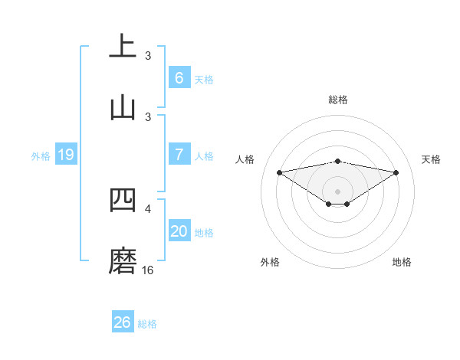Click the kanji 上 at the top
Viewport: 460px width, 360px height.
(123, 45)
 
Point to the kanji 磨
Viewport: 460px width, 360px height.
(123, 260)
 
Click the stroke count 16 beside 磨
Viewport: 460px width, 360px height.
(148, 270)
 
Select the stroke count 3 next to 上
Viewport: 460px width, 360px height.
(148, 55)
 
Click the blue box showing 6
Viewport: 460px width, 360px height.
(179, 78)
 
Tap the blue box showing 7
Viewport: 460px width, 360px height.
(179, 155)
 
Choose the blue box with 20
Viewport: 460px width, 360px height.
(179, 231)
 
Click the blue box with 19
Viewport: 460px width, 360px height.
(65, 155)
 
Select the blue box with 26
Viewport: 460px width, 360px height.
(122, 322)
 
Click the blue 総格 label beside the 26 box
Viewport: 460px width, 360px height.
(147, 324)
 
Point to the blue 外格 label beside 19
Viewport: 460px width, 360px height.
(41, 155)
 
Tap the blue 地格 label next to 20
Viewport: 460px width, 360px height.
(204, 232)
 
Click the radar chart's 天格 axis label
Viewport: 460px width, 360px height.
(431, 159)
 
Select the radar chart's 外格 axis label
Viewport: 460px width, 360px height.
(270, 262)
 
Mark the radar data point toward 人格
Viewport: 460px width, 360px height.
(279, 172)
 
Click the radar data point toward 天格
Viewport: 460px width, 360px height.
(396, 172)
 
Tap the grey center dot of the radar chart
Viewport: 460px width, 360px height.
(338, 191)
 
